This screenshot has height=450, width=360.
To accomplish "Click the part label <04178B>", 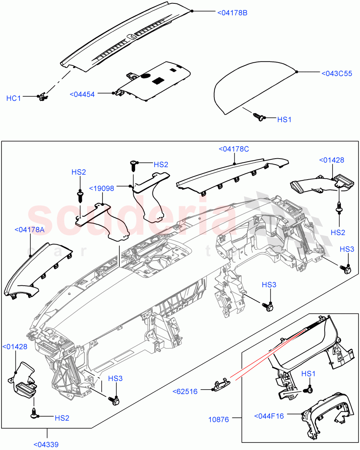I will pyautogui.click(x=232, y=12).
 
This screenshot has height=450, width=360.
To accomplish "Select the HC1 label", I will pyautogui.click(x=14, y=98).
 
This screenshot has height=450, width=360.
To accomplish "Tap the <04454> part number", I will pyautogui.click(x=82, y=94).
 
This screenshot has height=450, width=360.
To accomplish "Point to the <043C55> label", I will pyautogui.click(x=337, y=73).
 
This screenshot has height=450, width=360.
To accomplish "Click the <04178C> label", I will pyautogui.click(x=233, y=149).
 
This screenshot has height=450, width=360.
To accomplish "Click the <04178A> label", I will pyautogui.click(x=29, y=230).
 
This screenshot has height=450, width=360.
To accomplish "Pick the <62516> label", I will pyautogui.click(x=185, y=391).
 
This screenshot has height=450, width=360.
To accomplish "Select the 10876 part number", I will pyautogui.click(x=218, y=419).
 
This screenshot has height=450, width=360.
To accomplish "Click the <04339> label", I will pyautogui.click(x=46, y=444).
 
